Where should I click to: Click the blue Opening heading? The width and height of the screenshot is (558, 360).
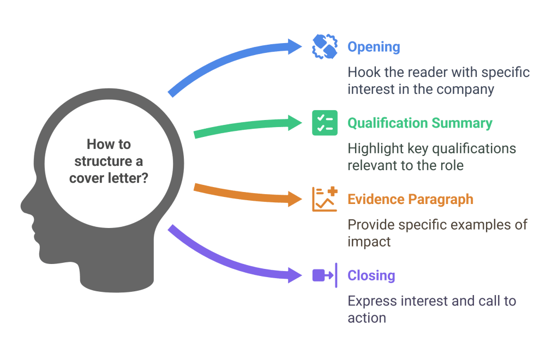(374, 47)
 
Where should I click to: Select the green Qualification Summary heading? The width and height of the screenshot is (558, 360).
(420, 123)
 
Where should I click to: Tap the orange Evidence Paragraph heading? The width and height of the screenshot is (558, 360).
(410, 199)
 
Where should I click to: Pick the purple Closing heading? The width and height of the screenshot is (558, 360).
(371, 275)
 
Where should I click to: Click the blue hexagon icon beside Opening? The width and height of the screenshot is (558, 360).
(325, 46)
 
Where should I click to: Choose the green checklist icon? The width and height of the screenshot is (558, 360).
(325, 123)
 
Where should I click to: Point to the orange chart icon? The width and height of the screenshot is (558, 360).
(325, 199)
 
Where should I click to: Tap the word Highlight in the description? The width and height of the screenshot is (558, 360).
(374, 149)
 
